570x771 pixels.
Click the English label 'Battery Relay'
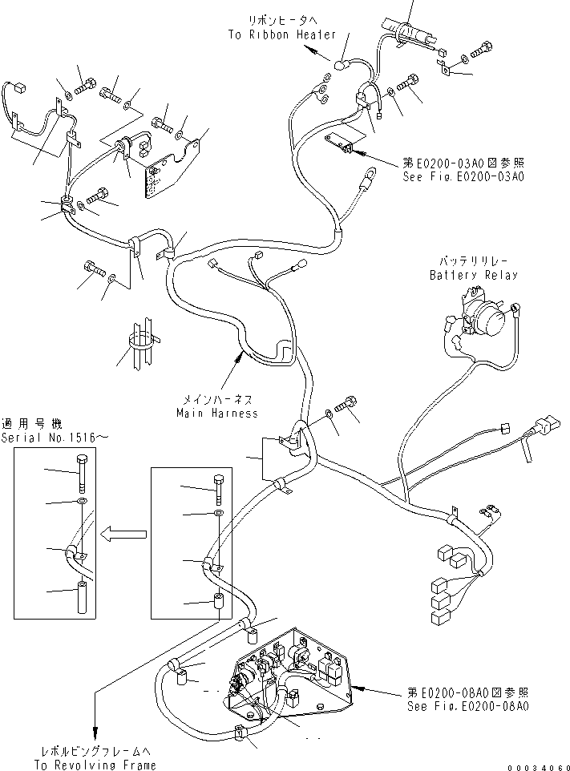[x=473, y=275]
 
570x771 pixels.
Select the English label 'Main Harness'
[x=217, y=413]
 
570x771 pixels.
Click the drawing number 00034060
[x=536, y=765]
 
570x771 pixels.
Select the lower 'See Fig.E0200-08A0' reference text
[x=468, y=707]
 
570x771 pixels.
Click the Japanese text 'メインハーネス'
[x=217, y=400]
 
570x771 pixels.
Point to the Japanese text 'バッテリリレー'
[x=473, y=262]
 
